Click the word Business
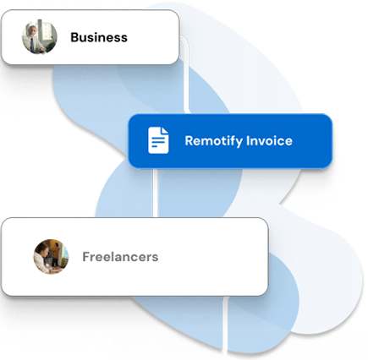click(x=99, y=37)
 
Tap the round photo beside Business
click(x=40, y=37)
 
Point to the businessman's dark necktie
click(x=33, y=45)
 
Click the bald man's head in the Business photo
click(x=34, y=30)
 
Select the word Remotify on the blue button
click(x=213, y=141)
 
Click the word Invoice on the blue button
click(x=269, y=140)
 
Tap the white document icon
click(x=158, y=140)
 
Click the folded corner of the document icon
click(x=164, y=130)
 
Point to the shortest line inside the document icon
click(x=155, y=146)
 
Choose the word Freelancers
click(x=120, y=257)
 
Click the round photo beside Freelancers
click(x=51, y=257)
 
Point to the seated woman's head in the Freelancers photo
click(x=43, y=248)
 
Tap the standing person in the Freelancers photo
click(x=58, y=252)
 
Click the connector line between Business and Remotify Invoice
click(x=186, y=74)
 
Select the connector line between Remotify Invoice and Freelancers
click(x=155, y=193)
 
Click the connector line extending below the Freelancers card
click(x=225, y=325)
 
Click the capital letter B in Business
click(x=74, y=37)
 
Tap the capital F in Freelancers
click(x=86, y=257)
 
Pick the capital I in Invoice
click(x=247, y=140)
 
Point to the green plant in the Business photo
click(x=51, y=47)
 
